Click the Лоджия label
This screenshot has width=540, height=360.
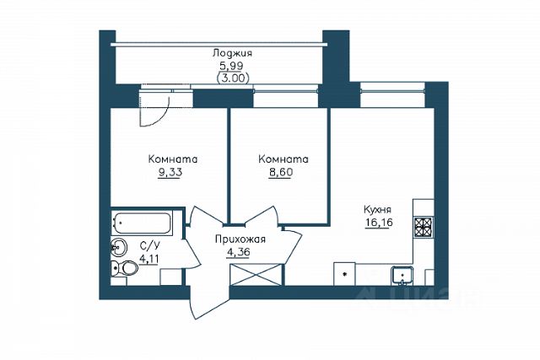point(232,54)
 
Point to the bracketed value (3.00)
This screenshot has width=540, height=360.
point(233,78)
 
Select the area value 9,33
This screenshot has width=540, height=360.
point(170,173)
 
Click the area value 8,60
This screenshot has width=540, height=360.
point(281,172)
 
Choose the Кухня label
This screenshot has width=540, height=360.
point(377,210)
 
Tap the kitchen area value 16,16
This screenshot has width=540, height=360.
point(379,223)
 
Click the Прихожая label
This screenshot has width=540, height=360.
point(240,239)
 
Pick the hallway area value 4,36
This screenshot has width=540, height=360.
point(238,252)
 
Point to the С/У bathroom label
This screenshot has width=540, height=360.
point(150,245)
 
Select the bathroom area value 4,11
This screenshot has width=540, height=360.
point(148,258)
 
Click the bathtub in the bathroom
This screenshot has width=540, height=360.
point(142,223)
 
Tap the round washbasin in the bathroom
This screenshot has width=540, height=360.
point(119,247)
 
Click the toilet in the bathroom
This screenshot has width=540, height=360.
point(124,268)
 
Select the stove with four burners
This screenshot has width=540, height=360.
point(424,228)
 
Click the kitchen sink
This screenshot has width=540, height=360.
point(402,276)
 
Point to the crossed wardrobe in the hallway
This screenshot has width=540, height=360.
point(256,274)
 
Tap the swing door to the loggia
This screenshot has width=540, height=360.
point(155,108)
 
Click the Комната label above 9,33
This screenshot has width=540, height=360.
point(173,159)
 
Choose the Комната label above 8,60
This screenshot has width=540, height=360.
point(283,159)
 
